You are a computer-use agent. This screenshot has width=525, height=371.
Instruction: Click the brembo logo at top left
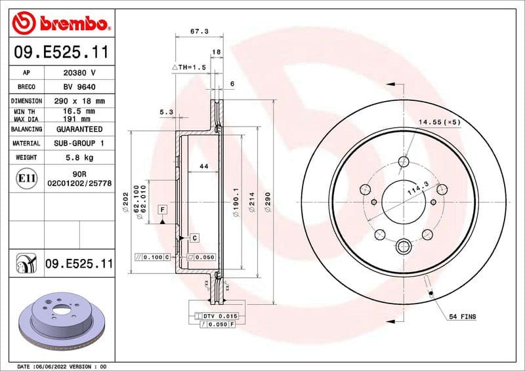click(60, 24)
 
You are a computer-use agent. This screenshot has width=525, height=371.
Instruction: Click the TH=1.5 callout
click(189, 68)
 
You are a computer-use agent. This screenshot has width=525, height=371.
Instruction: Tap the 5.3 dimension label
click(166, 112)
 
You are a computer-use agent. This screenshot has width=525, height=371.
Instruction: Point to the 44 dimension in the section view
click(203, 167)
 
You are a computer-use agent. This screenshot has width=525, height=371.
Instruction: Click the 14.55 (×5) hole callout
click(440, 123)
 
